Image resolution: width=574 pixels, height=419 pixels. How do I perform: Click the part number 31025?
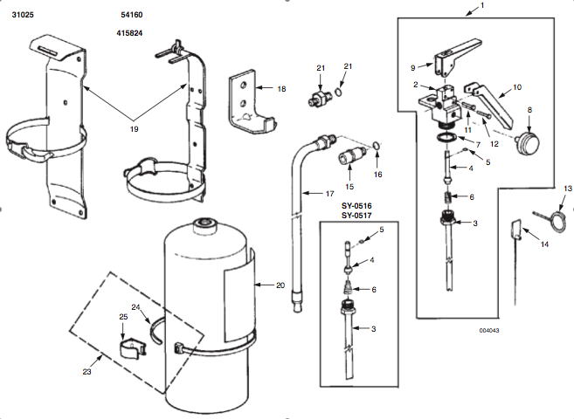click(x=23, y=17)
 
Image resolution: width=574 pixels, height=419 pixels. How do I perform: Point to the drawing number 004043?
click(x=488, y=330)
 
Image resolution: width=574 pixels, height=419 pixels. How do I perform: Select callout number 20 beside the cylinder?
click(x=280, y=285)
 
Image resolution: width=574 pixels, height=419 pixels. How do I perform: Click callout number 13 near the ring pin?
click(x=567, y=188)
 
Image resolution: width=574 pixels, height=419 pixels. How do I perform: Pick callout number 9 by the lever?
click(x=413, y=66)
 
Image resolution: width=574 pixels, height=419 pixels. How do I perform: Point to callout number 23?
click(x=86, y=371)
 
